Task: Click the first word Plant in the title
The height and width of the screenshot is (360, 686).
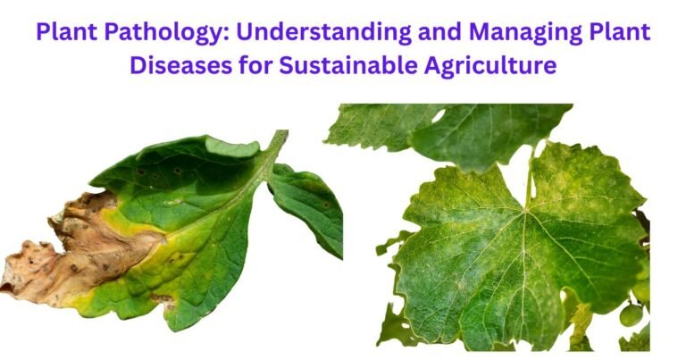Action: tap(65, 33)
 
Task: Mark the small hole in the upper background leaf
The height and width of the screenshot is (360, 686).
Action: tap(438, 115)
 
